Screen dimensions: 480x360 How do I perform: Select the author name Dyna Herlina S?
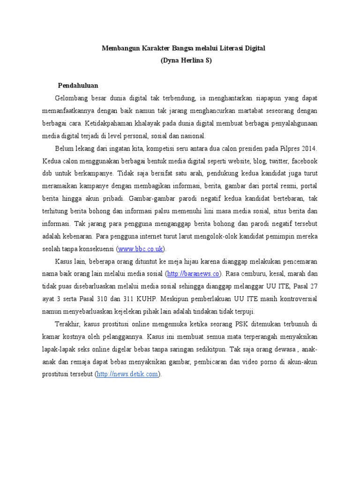(x=186, y=61)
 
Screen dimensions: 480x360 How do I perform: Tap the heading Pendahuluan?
(x=78, y=86)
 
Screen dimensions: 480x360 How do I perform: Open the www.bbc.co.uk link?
(x=141, y=249)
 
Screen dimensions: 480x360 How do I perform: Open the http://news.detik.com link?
(x=127, y=374)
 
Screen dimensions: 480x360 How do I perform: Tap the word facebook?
(x=304, y=161)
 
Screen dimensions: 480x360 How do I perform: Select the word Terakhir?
(x=68, y=324)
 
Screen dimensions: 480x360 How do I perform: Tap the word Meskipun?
(x=176, y=299)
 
